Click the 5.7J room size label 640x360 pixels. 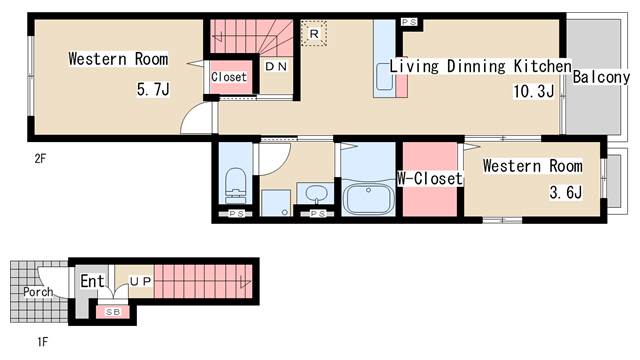[153, 89]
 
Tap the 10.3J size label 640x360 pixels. [533, 91]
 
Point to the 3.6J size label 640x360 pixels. [565, 192]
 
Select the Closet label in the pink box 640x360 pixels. [229, 77]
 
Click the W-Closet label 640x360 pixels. [430, 178]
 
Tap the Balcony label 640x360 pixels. [601, 77]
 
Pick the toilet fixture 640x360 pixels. [236, 185]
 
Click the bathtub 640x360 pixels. [368, 198]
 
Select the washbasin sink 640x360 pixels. [316, 192]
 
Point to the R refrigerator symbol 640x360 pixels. [314, 33]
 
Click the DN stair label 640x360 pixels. [276, 67]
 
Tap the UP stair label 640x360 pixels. [140, 281]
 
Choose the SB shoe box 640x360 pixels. [113, 312]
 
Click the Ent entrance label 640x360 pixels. [92, 281]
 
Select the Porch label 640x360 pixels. [38, 292]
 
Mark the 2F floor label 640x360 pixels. [40, 158]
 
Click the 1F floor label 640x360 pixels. [42, 341]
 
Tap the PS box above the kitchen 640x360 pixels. [409, 22]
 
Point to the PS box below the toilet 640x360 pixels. [236, 213]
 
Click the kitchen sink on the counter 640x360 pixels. [384, 76]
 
